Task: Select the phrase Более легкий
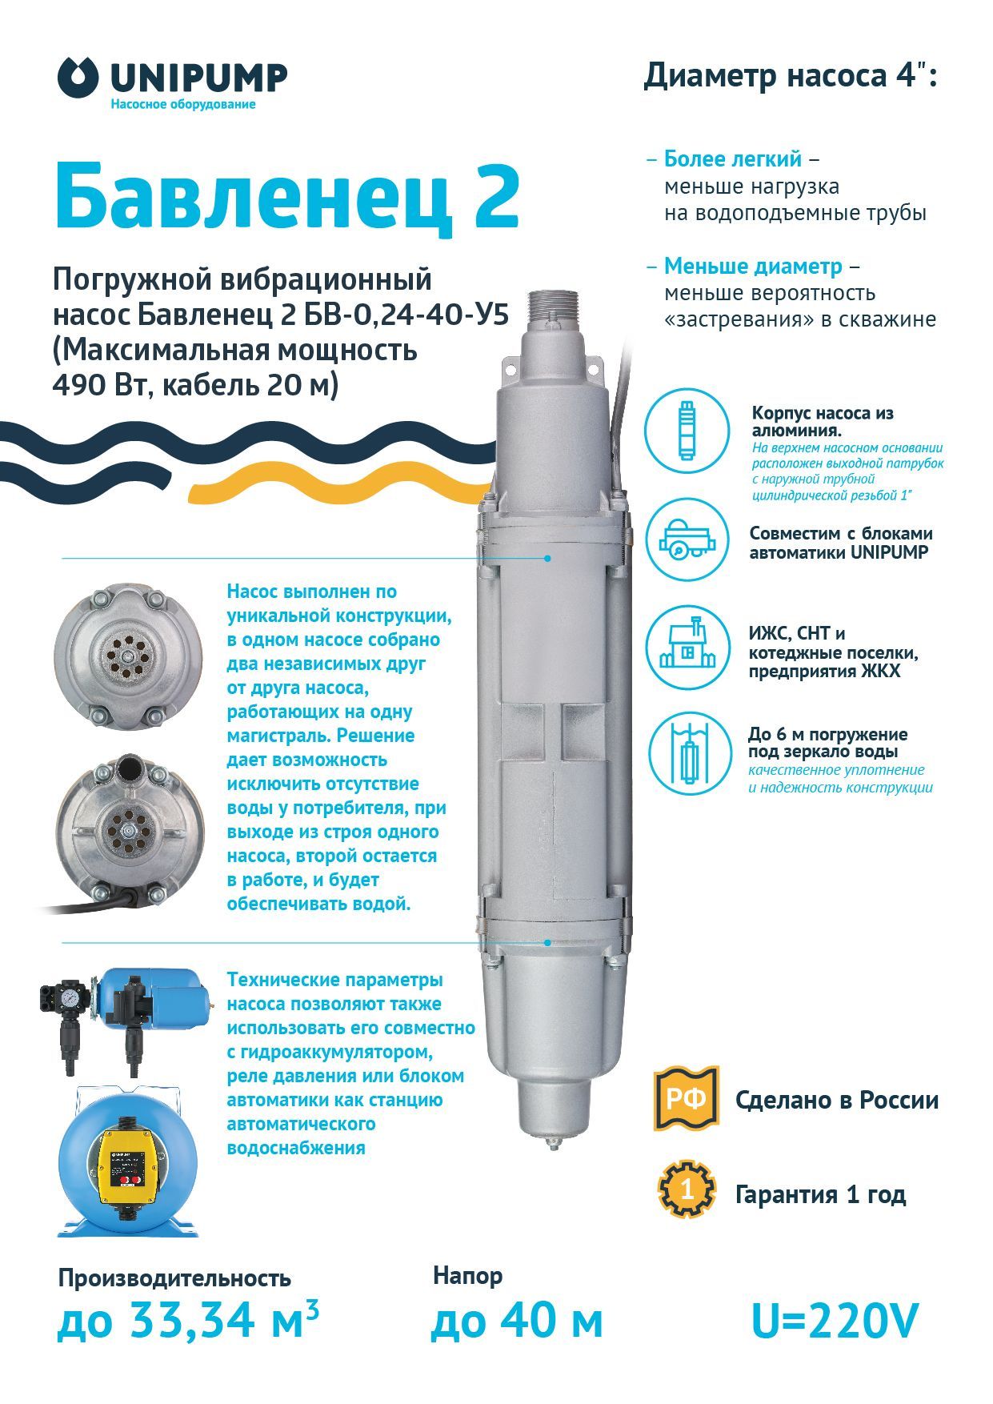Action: click(x=733, y=158)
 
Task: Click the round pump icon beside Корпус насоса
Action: click(x=687, y=431)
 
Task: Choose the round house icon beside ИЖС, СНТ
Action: click(x=687, y=647)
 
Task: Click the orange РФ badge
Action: click(x=687, y=1098)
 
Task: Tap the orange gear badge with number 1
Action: click(x=687, y=1190)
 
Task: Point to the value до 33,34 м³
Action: click(x=188, y=1318)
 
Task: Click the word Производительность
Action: click(x=174, y=1278)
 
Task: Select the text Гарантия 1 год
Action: click(x=820, y=1194)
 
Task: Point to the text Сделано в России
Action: click(x=837, y=1100)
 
